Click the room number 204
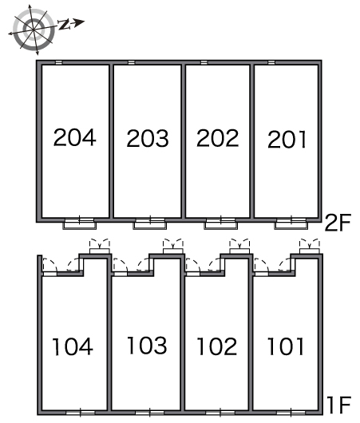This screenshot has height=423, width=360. tap(75, 137)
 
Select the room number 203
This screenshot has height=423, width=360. tap(148, 138)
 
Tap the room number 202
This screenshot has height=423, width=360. tap(217, 138)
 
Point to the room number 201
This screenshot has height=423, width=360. tap(287, 139)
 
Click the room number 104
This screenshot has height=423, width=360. tap(73, 346)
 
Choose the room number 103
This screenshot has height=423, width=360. tap(147, 345)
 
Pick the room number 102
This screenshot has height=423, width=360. tap(217, 346)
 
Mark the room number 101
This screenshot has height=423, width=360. tap(286, 346)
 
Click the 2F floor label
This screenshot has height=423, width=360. tap(338, 223)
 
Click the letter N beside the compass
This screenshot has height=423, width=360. tap(64, 24)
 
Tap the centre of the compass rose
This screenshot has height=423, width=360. tap(34, 30)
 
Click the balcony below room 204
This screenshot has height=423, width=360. tap(80, 224)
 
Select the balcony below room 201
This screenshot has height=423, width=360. tap(291, 224)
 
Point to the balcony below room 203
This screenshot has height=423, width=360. tap(150, 224)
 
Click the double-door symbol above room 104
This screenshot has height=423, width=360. tap(100, 246)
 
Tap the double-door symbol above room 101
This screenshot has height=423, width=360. tap(310, 246)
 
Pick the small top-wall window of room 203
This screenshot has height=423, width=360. tap(131, 62)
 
